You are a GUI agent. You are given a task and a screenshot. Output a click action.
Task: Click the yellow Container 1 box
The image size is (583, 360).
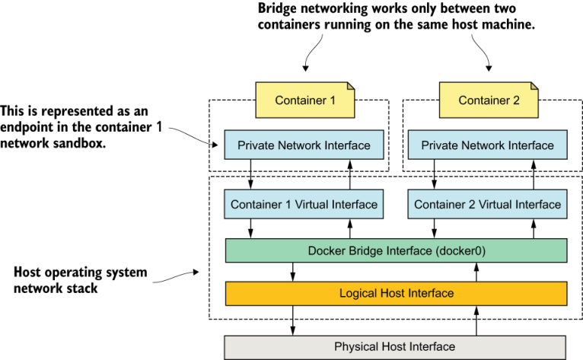tap(304, 100)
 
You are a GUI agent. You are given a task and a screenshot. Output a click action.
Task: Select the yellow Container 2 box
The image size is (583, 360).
tap(487, 100)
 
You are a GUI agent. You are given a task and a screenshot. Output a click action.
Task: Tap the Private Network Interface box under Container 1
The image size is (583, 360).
tap(304, 145)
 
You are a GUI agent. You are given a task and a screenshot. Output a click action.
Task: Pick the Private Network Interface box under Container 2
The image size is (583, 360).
tap(487, 145)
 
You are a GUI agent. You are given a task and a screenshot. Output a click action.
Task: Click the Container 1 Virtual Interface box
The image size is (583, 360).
tap(304, 204)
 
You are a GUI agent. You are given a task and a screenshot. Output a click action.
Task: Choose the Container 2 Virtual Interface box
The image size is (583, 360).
tap(487, 204)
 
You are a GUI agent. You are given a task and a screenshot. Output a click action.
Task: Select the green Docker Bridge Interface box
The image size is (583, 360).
tap(396, 250)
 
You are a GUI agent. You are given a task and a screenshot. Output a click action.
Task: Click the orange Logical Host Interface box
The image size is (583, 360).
tap(396, 293)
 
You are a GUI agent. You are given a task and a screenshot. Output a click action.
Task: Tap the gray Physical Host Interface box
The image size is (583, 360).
tap(396, 346)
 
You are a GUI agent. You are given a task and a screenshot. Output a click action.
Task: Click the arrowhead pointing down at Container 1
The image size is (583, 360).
tap(305, 70)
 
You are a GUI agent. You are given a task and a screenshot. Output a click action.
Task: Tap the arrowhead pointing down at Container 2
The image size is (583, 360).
tap(489, 70)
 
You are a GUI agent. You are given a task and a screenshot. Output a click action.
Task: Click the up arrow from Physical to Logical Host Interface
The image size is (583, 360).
tap(476, 320)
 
